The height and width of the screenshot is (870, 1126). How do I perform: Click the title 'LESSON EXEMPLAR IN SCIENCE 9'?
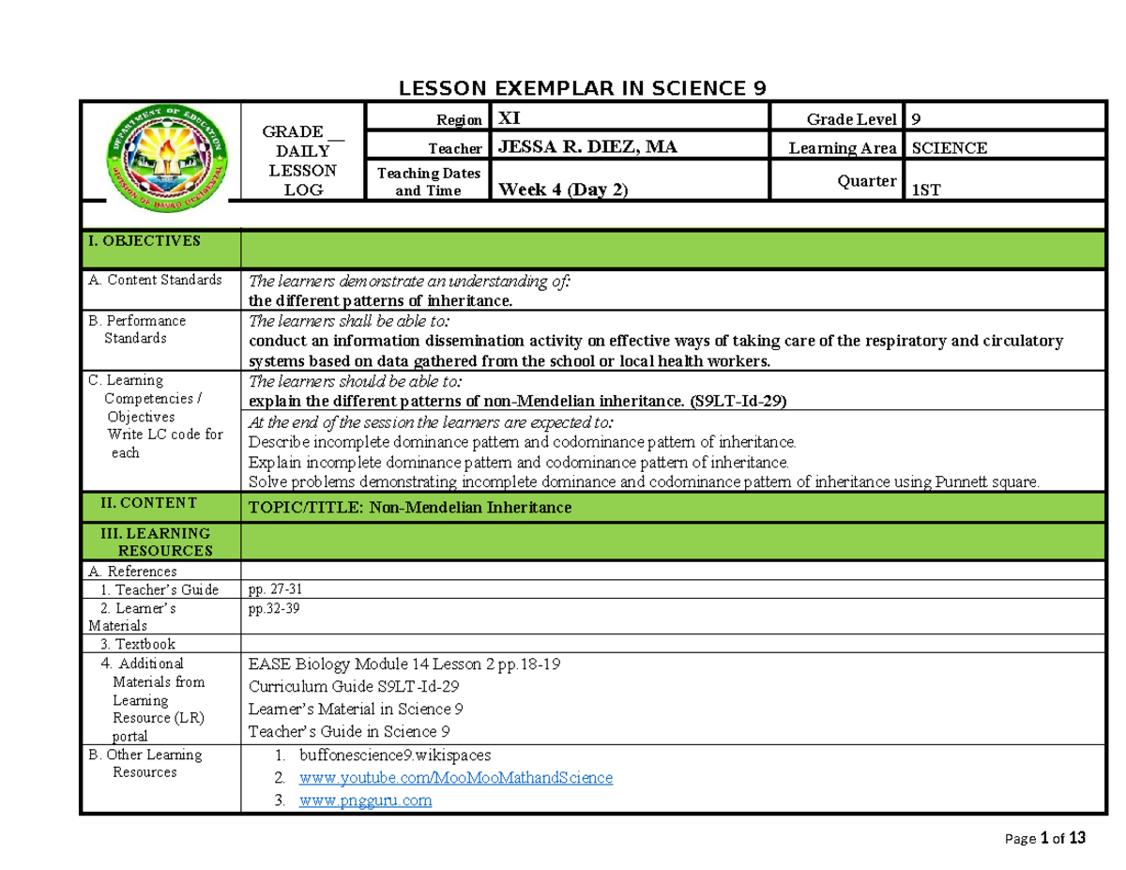(583, 88)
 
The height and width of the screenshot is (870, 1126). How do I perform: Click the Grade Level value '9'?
(918, 119)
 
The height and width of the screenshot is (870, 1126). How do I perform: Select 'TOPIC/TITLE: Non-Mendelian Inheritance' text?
(408, 508)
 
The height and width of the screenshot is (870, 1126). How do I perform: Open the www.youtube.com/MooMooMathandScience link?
(455, 778)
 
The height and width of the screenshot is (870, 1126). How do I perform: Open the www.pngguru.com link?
(365, 801)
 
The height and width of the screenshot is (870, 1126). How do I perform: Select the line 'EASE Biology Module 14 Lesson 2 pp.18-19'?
(404, 664)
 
